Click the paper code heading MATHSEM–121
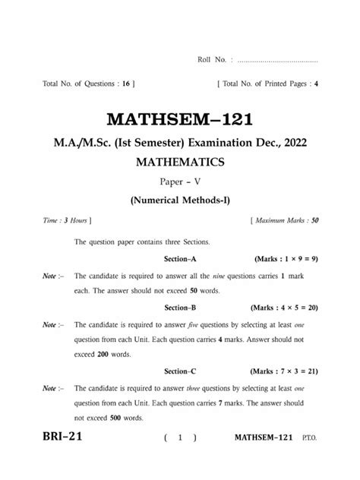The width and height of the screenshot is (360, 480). (179, 120)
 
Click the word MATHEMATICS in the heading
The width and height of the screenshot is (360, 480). (179, 163)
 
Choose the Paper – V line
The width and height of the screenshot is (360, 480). (179, 183)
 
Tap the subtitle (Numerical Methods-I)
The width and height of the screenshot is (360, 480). (179, 201)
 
